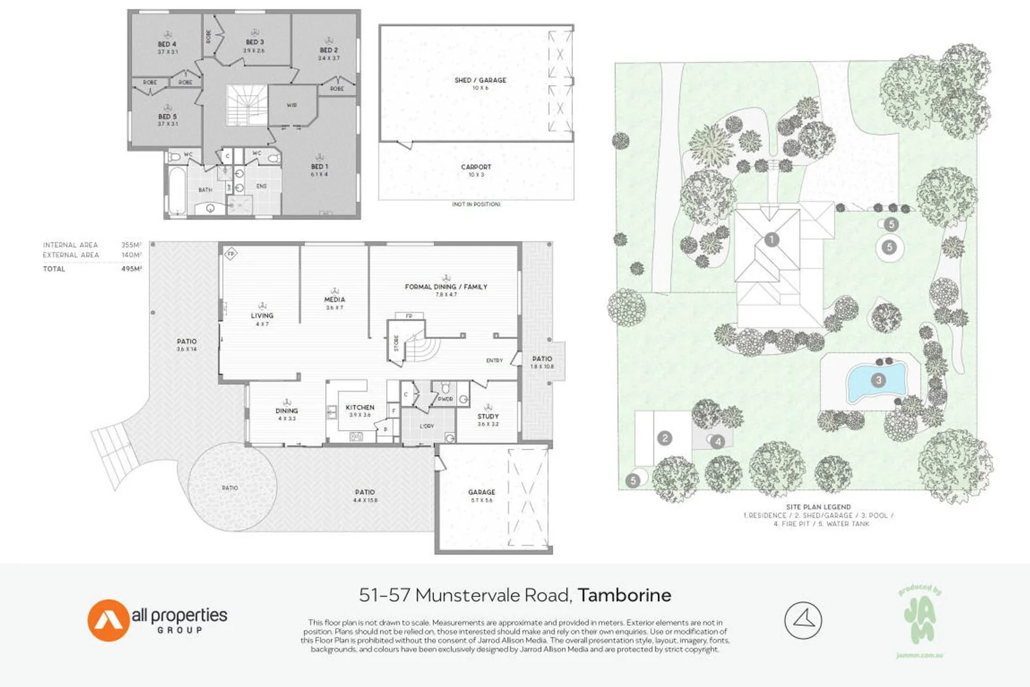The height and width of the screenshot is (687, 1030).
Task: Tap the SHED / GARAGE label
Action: pyautogui.click(x=480, y=80)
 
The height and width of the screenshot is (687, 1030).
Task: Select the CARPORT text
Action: pyautogui.click(x=476, y=167)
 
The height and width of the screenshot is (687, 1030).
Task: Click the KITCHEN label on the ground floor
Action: pyautogui.click(x=360, y=407)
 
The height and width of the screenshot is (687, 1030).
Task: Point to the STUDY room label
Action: pyautogui.click(x=488, y=416)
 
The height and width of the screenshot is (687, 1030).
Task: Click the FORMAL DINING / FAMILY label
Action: pyautogui.click(x=446, y=287)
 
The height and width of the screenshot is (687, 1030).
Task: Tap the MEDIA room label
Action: pyautogui.click(x=335, y=299)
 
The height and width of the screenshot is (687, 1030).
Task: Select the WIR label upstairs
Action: pyautogui.click(x=291, y=105)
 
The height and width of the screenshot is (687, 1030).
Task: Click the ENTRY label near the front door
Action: pyautogui.click(x=494, y=361)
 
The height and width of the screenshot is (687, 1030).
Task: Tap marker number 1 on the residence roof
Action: pyautogui.click(x=771, y=239)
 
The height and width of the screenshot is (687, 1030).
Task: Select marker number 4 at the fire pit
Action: pyautogui.click(x=717, y=441)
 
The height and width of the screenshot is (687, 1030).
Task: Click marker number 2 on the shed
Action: pyautogui.click(x=664, y=438)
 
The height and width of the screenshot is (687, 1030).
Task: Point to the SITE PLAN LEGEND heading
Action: pyautogui.click(x=818, y=507)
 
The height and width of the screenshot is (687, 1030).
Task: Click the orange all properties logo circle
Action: pyautogui.click(x=108, y=620)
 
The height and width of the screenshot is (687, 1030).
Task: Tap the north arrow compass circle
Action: pyautogui.click(x=803, y=620)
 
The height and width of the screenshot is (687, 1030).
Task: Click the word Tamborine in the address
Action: pyautogui.click(x=624, y=595)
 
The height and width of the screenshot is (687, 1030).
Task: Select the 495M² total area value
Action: pyautogui.click(x=131, y=269)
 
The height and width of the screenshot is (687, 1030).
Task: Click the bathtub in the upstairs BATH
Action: pyautogui.click(x=177, y=191)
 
